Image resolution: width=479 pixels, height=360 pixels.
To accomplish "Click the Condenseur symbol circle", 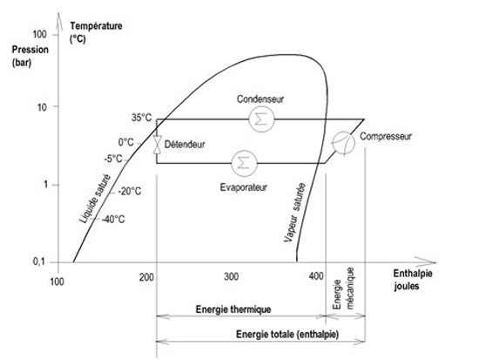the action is (x=261, y=119).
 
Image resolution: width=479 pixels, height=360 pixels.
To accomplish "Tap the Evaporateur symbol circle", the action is (x=244, y=163).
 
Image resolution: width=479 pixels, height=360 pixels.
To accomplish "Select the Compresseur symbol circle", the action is (x=343, y=143).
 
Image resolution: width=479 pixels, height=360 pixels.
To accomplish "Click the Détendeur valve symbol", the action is (x=158, y=145).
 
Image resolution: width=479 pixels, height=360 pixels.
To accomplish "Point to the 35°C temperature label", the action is (x=141, y=118).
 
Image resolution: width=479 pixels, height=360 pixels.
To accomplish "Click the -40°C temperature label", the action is (x=113, y=220).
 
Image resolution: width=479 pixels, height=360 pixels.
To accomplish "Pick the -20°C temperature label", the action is (x=130, y=192).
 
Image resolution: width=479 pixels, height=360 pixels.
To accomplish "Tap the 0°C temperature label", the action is (x=126, y=142).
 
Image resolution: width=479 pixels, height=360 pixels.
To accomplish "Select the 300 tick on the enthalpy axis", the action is (x=232, y=277).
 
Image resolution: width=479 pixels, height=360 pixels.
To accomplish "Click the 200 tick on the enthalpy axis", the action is (x=146, y=277).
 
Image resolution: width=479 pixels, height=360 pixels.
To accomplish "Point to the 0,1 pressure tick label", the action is (x=39, y=262).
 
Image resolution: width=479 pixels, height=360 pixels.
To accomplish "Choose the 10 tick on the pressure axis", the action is (x=42, y=107).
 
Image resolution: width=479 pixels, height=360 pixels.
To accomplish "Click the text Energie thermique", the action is (x=233, y=309).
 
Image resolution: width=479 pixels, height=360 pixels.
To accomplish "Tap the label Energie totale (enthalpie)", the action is (x=287, y=335).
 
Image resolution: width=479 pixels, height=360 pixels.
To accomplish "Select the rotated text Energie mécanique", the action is (x=343, y=289).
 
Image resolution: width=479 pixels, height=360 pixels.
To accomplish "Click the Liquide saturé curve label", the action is (x=95, y=199).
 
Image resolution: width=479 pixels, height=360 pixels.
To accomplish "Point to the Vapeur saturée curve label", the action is (x=294, y=213).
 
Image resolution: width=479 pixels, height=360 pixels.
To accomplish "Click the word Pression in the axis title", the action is (x=30, y=50).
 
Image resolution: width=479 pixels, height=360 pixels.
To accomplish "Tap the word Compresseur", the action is (x=386, y=136).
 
